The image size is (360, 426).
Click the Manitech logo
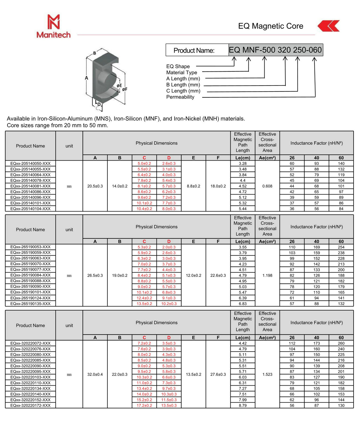tap(53, 26)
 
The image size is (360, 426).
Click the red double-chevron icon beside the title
tap(328, 26)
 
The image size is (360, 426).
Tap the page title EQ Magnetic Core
tap(271, 26)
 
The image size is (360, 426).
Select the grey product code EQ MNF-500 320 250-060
tap(275, 50)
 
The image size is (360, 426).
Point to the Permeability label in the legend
tap(180, 97)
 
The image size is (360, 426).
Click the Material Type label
tap(182, 72)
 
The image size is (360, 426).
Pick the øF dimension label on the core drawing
tap(125, 89)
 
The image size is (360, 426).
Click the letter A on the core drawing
tap(86, 78)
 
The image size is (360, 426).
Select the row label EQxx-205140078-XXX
tap(30, 180)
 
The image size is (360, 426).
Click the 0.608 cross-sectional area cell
tap(267, 186)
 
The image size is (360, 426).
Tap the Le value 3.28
tap(242, 163)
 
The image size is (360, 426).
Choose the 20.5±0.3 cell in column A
tap(95, 186)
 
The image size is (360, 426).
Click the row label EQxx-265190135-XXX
tap(30, 304)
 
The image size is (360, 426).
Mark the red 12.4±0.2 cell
tap(144, 298)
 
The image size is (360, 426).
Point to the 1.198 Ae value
tap(267, 275)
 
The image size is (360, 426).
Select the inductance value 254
tap(341, 247)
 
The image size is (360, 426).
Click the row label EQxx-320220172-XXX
tap(30, 405)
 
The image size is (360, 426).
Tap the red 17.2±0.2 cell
tap(144, 405)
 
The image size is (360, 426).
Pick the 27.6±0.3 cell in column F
tap(218, 374)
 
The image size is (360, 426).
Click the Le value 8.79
tap(242, 405)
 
